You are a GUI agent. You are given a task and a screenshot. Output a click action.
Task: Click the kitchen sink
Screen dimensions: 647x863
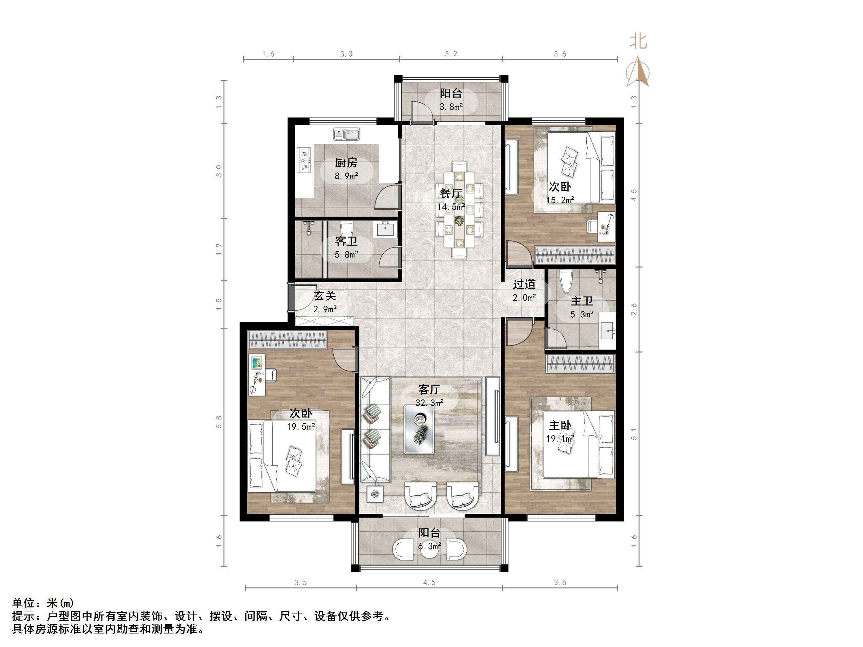[x=346, y=135]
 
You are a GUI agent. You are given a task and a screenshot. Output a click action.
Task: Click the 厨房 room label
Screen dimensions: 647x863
[x=346, y=163]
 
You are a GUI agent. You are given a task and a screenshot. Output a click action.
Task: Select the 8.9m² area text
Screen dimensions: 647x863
[x=346, y=176]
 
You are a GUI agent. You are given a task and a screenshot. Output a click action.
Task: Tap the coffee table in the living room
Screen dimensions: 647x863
[x=419, y=429]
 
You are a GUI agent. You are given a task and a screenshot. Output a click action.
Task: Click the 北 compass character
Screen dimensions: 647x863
[x=638, y=41]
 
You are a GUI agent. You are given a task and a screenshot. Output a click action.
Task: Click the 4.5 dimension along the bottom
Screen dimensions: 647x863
[x=429, y=583]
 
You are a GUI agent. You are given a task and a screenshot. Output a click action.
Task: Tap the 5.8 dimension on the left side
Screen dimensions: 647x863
[x=219, y=422]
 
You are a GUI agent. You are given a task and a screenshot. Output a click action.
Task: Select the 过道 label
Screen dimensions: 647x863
[x=524, y=284]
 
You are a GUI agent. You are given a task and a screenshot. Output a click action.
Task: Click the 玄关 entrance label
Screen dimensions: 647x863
[x=325, y=296]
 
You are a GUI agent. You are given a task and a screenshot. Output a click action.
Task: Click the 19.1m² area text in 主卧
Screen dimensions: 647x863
[x=560, y=439]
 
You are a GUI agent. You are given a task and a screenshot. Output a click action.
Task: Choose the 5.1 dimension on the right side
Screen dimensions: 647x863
[x=634, y=434]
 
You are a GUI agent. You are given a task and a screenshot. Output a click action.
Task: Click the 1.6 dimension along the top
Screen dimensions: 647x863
[x=268, y=54]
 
